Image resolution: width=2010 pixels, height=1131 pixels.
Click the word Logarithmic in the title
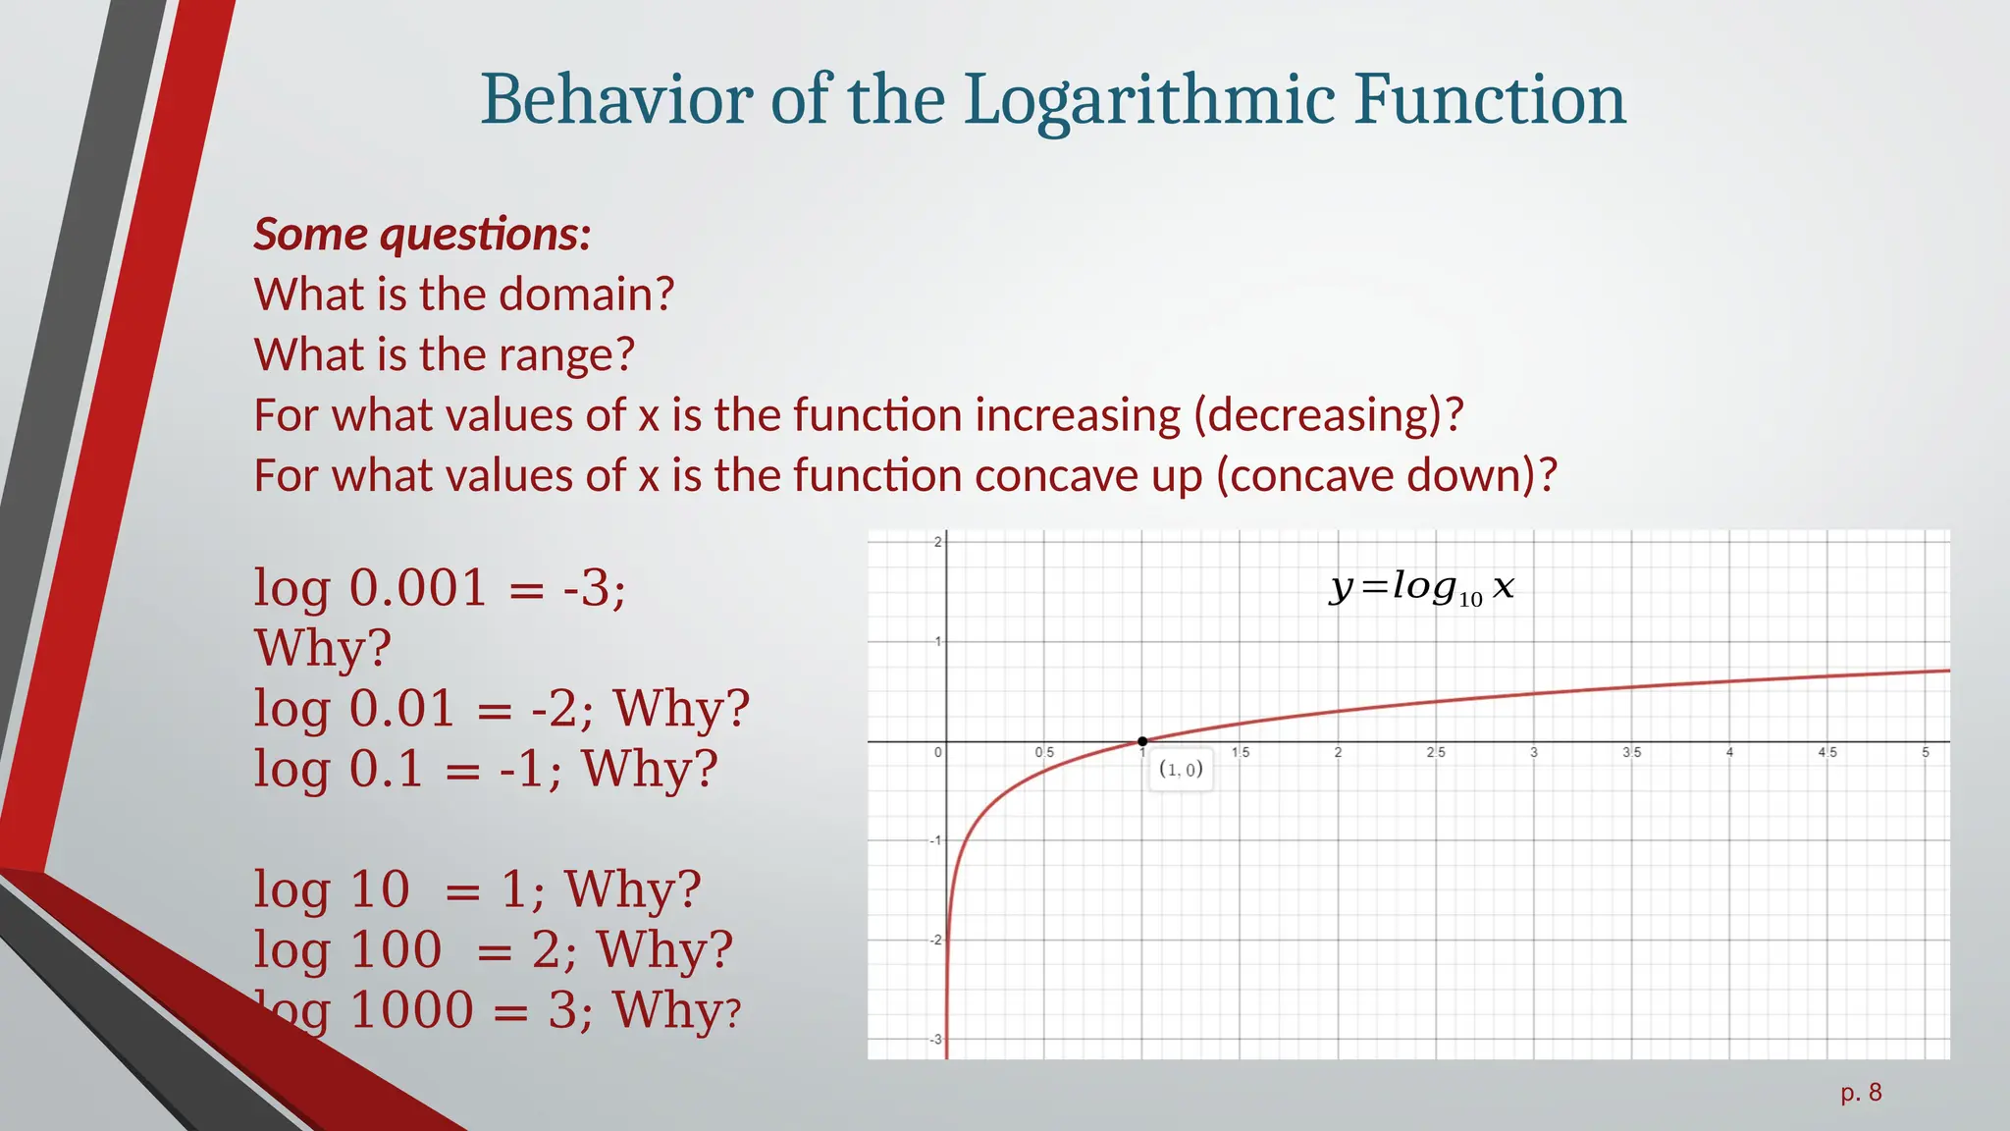tap(1148, 101)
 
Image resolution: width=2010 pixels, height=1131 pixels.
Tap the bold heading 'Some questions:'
tap(422, 234)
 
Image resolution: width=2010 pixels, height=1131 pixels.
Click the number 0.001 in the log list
tap(418, 588)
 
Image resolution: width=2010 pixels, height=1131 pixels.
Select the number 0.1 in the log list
tap(386, 769)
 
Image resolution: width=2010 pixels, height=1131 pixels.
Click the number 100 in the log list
tap(396, 949)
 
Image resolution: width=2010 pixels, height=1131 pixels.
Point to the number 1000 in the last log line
tap(411, 1010)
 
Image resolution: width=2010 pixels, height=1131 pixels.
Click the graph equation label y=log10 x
tap(1421, 587)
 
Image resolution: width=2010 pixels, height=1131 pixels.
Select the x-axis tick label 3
tap(1533, 752)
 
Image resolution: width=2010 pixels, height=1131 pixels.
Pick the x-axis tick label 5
tap(1925, 752)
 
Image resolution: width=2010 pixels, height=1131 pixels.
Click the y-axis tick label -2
tap(935, 940)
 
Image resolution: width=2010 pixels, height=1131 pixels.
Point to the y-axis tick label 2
tap(937, 542)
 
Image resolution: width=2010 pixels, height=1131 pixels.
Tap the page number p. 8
tap(1861, 1093)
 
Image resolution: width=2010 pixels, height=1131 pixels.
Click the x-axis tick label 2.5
tap(1435, 752)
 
